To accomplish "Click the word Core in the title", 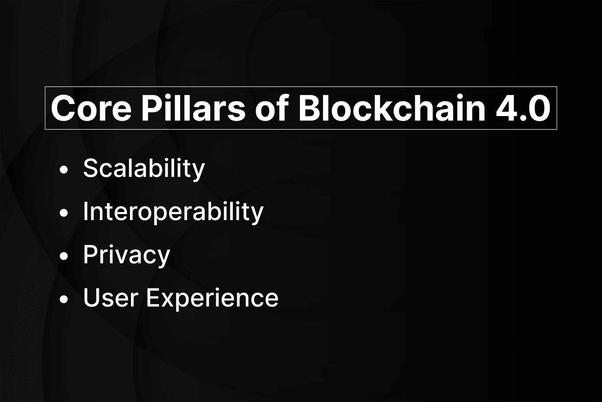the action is pyautogui.click(x=91, y=108).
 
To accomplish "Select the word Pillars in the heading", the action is pyautogui.click(x=194, y=108).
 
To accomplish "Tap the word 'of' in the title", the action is pyautogui.click(x=272, y=108).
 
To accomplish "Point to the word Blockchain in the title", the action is pyautogui.click(x=392, y=108).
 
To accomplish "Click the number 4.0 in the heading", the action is pyautogui.click(x=523, y=108).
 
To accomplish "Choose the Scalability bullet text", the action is pyautogui.click(x=144, y=169).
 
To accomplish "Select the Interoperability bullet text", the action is pyautogui.click(x=174, y=213).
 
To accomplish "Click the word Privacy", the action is pyautogui.click(x=126, y=256).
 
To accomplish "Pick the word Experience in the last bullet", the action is pyautogui.click(x=212, y=299).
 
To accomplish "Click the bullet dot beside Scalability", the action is pyautogui.click(x=64, y=170).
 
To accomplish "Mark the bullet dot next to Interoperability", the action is pyautogui.click(x=64, y=213).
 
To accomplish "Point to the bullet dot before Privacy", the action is pyautogui.click(x=64, y=256).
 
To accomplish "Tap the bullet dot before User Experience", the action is pyautogui.click(x=64, y=299).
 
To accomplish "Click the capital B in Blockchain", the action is pyautogui.click(x=310, y=108).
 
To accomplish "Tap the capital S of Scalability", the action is pyautogui.click(x=91, y=168).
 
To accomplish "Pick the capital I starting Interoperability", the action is pyautogui.click(x=85, y=211).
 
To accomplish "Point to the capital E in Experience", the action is pyautogui.click(x=153, y=297).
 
